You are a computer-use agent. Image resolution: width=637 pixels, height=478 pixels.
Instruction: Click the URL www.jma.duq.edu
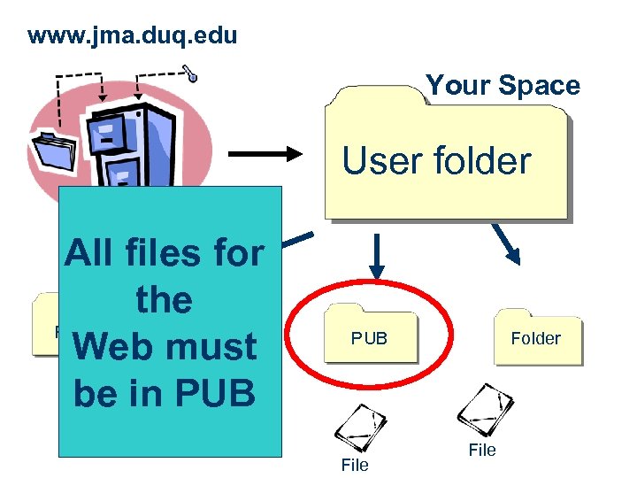point(133,36)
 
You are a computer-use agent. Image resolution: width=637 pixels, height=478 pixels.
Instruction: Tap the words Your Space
point(503,85)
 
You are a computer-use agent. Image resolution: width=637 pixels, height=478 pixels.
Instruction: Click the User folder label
point(436,161)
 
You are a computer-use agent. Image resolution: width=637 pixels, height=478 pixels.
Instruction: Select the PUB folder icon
point(370,334)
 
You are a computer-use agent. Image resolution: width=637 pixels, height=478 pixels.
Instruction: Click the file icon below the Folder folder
point(484,408)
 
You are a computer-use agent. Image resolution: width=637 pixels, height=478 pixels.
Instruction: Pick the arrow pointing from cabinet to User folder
point(265,153)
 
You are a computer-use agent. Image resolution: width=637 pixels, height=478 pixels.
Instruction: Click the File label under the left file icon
point(354,465)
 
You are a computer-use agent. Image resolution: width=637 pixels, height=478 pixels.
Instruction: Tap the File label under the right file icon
point(482,451)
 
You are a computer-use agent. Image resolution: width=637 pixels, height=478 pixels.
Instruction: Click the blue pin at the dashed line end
point(191,75)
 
